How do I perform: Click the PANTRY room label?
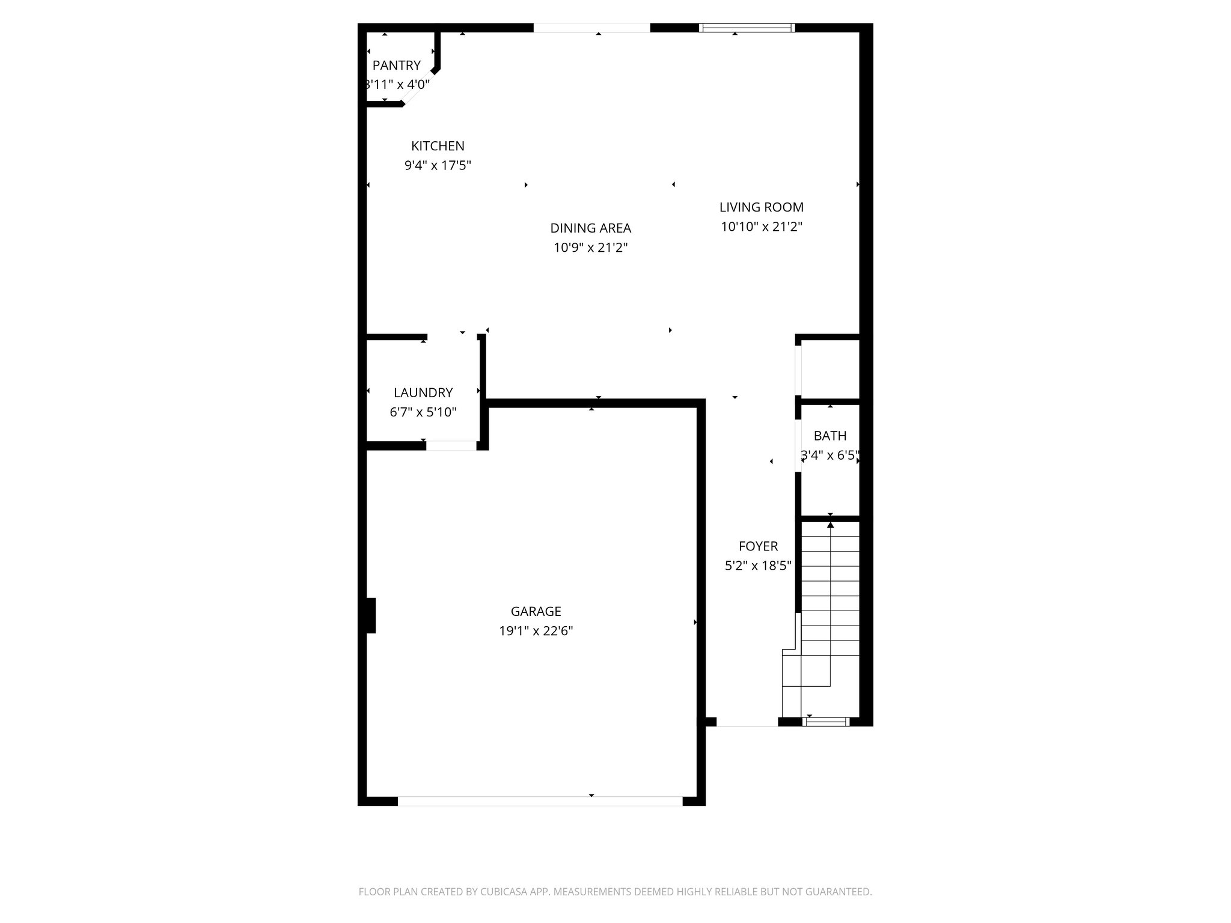pyautogui.click(x=396, y=65)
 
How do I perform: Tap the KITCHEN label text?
pyautogui.click(x=438, y=146)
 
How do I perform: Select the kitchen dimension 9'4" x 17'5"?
pyautogui.click(x=438, y=165)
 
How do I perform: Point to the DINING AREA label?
pyautogui.click(x=590, y=228)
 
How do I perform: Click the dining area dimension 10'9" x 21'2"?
pyautogui.click(x=590, y=248)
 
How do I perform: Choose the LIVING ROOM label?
pyautogui.click(x=761, y=207)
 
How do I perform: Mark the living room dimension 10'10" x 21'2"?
pyautogui.click(x=762, y=227)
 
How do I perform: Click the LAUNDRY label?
pyautogui.click(x=423, y=393)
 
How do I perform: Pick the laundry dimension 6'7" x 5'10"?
pyautogui.click(x=423, y=412)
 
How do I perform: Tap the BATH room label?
pyautogui.click(x=829, y=436)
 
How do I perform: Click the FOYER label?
pyautogui.click(x=758, y=546)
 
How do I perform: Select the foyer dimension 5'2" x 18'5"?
pyautogui.click(x=758, y=565)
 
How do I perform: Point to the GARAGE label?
pyautogui.click(x=536, y=612)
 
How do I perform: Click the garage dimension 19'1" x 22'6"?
pyautogui.click(x=536, y=631)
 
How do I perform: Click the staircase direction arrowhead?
pyautogui.click(x=830, y=525)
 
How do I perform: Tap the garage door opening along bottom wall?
pyautogui.click(x=540, y=801)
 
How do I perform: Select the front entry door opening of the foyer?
pyautogui.click(x=747, y=722)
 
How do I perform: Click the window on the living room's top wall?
pyautogui.click(x=747, y=28)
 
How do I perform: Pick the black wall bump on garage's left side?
pyautogui.click(x=370, y=615)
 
